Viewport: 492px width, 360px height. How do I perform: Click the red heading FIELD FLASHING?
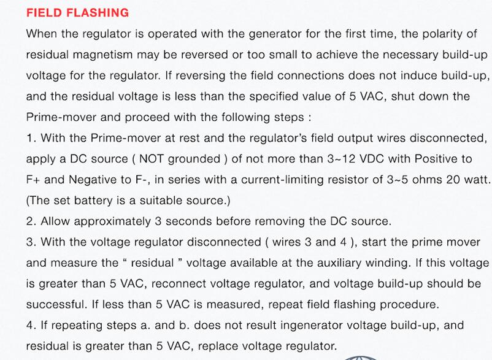point(77,13)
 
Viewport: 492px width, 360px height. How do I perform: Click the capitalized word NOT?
point(152,159)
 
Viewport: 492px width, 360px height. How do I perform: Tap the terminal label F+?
point(33,180)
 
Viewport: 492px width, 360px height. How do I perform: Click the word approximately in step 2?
point(112,222)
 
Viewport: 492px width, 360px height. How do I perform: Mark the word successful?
point(56,305)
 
